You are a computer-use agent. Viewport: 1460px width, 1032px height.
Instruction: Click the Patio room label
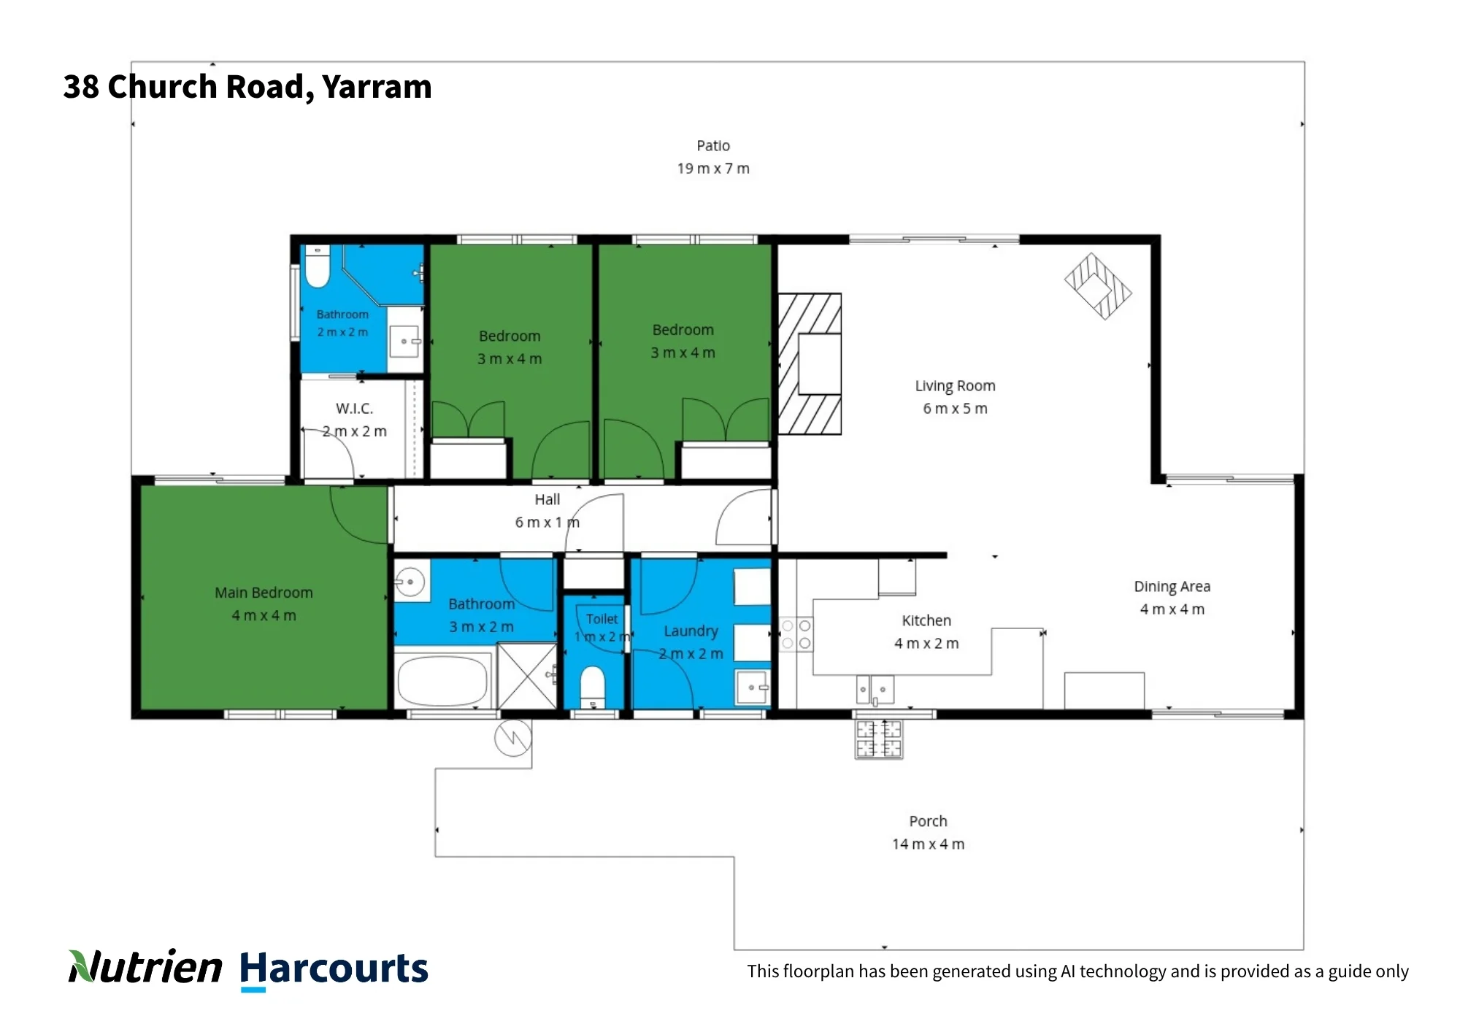tap(713, 146)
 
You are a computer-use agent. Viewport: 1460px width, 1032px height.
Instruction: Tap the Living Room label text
tap(955, 386)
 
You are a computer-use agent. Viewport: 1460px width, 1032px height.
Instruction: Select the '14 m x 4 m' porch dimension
tap(928, 844)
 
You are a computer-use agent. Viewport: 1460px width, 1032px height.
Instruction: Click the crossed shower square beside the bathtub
tap(527, 676)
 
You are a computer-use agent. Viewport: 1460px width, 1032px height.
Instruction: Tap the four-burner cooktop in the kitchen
tap(796, 634)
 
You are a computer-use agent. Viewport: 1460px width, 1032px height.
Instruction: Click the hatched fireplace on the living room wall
tap(810, 364)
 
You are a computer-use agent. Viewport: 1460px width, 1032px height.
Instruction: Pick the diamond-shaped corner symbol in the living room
tap(1098, 286)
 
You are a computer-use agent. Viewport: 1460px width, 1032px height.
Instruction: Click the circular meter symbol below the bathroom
tap(513, 738)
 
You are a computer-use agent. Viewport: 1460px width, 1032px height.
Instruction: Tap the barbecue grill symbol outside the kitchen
tap(879, 739)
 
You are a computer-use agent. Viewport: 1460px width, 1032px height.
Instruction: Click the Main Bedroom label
tap(264, 593)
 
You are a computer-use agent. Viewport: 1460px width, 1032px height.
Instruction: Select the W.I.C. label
tap(354, 409)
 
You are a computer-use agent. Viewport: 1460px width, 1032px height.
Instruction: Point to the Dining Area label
tap(1172, 587)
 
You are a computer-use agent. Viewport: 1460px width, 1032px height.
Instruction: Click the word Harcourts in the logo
tap(334, 969)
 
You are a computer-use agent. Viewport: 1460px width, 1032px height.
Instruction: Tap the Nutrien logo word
tap(145, 966)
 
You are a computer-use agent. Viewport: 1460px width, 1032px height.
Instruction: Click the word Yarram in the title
tap(377, 86)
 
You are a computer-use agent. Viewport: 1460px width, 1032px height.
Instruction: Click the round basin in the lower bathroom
tap(410, 582)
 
